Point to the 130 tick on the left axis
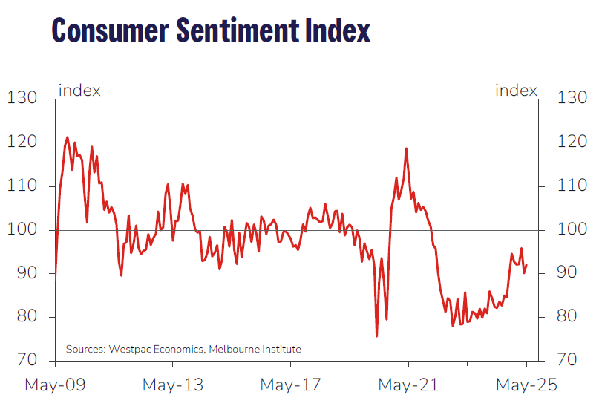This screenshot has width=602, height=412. click(22, 98)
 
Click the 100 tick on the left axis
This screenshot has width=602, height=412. click(22, 230)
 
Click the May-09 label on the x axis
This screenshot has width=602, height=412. click(55, 385)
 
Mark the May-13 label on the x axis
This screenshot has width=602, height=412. click(173, 385)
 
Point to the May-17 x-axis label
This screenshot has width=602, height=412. click(290, 385)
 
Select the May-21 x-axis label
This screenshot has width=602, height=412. click(408, 385)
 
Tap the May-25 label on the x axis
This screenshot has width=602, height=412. click(526, 385)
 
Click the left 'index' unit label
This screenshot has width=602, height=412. click(79, 91)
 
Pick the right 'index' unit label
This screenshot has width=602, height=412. click(516, 91)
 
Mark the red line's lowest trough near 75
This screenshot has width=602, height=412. click(376, 336)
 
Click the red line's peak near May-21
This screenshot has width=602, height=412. click(406, 148)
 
